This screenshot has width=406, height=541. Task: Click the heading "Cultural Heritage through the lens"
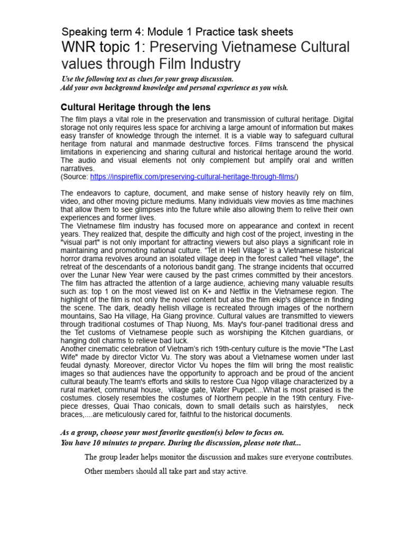136,107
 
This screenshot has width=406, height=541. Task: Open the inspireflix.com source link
194,176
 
